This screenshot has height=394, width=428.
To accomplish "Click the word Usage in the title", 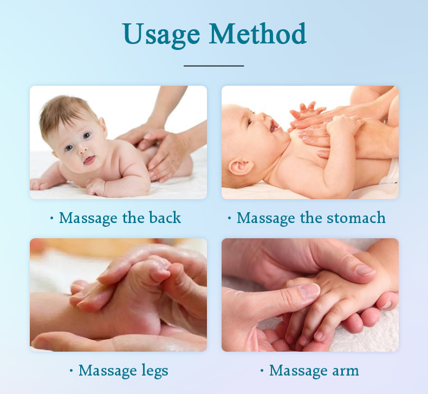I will click(163, 35).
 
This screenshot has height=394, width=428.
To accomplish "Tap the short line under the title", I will click(214, 66).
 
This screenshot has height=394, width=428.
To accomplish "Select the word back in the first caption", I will click(164, 218).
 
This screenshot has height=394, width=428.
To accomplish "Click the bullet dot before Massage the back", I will click(52, 218).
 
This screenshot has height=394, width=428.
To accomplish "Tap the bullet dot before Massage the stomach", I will click(230, 218).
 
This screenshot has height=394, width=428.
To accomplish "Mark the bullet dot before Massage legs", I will click(72, 371).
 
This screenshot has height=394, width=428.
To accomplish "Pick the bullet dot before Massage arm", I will click(262, 371).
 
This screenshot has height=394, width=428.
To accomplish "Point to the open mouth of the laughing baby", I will click(274, 128).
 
